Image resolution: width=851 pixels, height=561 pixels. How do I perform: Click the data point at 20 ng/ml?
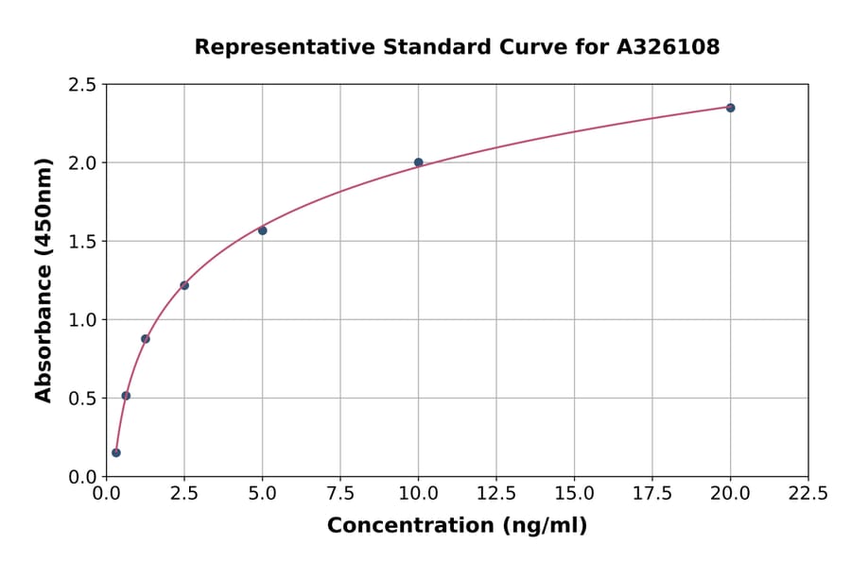(730, 108)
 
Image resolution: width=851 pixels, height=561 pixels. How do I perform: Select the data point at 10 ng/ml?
(419, 162)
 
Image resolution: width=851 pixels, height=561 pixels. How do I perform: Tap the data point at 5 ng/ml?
(263, 230)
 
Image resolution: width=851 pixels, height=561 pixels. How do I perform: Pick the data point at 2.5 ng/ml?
(184, 285)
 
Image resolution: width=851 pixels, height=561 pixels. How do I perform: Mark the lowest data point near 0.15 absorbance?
(116, 452)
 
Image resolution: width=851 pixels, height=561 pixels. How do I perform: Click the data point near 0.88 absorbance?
(146, 339)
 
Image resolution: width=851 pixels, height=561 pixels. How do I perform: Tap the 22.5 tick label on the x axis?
(808, 493)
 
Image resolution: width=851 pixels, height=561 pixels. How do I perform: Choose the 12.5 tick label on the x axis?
(496, 493)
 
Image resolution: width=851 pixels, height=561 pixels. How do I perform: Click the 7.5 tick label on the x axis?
(340, 493)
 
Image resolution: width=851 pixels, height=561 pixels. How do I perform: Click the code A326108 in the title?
(669, 47)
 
